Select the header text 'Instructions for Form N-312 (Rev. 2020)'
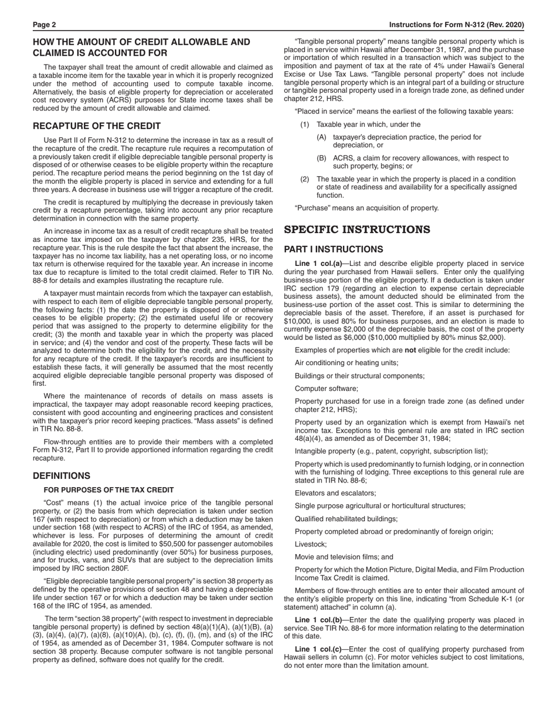(457, 25)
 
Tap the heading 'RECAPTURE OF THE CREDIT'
(97, 126)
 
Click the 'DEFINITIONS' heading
(62, 476)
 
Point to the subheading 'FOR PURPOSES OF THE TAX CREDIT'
(108, 490)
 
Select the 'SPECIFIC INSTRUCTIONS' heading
(357, 230)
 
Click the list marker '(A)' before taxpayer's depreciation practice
(321, 137)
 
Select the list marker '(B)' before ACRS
(321, 158)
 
